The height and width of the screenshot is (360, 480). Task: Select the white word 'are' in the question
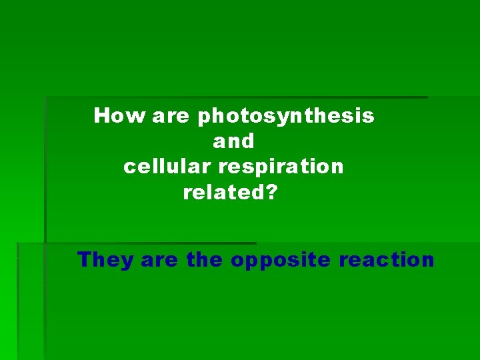[171, 117]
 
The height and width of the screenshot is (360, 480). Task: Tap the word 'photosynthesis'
[285, 117]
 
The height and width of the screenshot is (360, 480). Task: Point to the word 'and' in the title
[233, 141]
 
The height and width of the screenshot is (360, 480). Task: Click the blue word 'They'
[105, 259]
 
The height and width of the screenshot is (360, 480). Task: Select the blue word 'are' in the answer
[159, 260]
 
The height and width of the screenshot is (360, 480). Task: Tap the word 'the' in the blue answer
[204, 259]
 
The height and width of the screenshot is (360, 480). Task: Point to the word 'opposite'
[281, 261]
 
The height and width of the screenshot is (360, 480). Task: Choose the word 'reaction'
[387, 259]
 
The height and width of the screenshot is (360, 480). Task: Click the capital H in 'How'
[101, 116]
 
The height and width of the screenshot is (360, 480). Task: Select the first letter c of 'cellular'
[129, 167]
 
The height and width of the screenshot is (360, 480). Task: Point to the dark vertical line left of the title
[45, 167]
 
